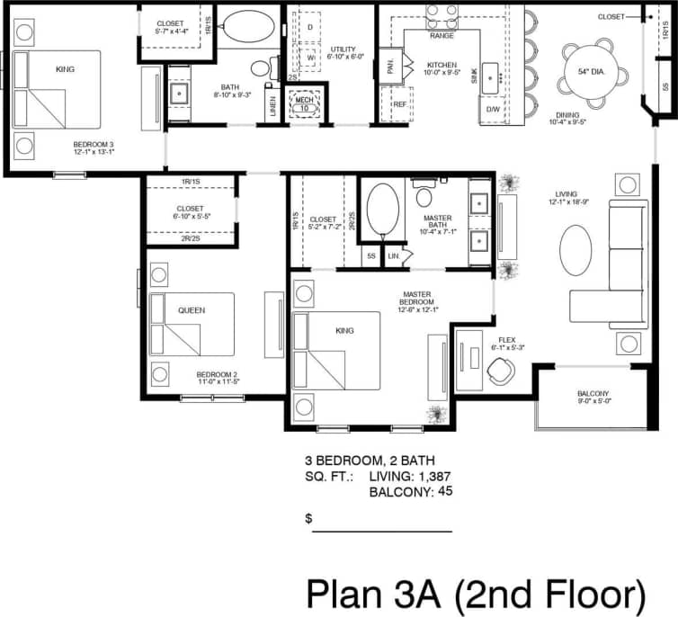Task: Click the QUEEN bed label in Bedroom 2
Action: coord(191,310)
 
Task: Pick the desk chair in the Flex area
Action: coord(500,369)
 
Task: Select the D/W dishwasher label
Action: coord(492,109)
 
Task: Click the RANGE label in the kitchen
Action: coord(442,36)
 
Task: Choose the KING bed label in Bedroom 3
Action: coord(65,68)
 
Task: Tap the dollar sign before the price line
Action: coord(308,519)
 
